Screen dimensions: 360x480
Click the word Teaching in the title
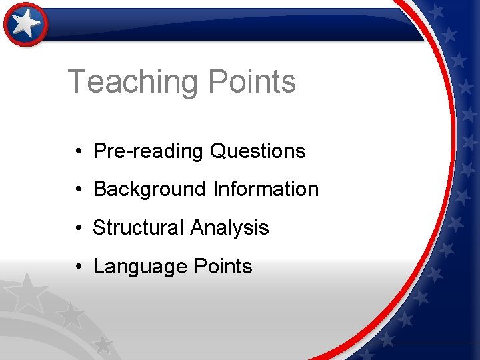(x=133, y=82)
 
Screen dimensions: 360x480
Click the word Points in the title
(x=251, y=82)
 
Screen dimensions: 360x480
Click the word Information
(x=266, y=189)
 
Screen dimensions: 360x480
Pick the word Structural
(x=138, y=228)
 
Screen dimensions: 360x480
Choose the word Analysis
(x=229, y=228)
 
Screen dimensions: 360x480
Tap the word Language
(x=139, y=267)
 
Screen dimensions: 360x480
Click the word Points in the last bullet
(x=223, y=267)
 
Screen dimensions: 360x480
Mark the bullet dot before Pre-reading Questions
(x=79, y=152)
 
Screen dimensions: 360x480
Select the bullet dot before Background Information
(x=79, y=190)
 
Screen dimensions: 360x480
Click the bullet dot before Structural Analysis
(x=79, y=229)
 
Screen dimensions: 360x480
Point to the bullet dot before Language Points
(x=79, y=267)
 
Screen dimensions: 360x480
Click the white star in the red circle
(x=26, y=24)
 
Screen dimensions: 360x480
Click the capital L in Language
(x=98, y=267)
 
